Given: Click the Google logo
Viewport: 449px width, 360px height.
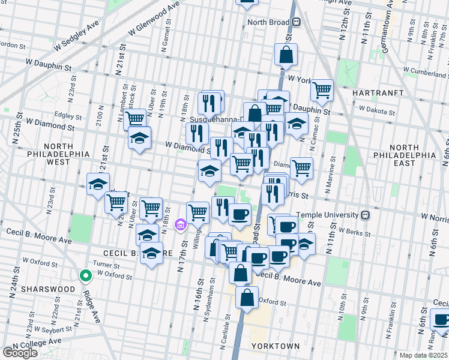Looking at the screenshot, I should pos(20,353).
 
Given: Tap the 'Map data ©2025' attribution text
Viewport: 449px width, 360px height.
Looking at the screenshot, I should pos(423,355).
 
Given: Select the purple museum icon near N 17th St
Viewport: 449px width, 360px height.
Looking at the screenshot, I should pos(179,226).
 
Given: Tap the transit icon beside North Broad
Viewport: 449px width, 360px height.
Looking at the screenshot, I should pos(297,22).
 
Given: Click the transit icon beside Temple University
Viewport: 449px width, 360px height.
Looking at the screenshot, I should pos(364,215).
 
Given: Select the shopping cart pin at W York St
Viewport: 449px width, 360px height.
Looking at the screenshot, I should pos(322,90).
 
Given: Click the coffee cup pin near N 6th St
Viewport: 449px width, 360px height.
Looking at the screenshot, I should pos(441,320).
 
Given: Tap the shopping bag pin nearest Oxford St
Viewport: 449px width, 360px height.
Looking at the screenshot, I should pos(247,297).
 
